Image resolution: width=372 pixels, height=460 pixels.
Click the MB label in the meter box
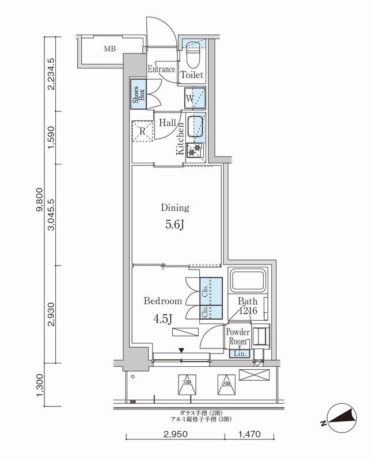(x=109, y=49)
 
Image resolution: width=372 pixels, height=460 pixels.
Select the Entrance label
(x=161, y=70)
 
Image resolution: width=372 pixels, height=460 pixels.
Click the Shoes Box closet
(x=139, y=94)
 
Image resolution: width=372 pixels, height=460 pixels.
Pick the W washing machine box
(x=192, y=98)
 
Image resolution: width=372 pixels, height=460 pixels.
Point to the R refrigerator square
(x=142, y=131)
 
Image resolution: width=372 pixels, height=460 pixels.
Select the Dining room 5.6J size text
(x=174, y=225)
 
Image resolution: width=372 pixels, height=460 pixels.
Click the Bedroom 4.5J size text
(x=162, y=317)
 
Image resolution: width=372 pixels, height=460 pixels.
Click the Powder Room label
(x=237, y=337)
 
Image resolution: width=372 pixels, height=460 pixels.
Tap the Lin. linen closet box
(x=240, y=354)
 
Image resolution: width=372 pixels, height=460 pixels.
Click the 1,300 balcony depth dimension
(x=39, y=385)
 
